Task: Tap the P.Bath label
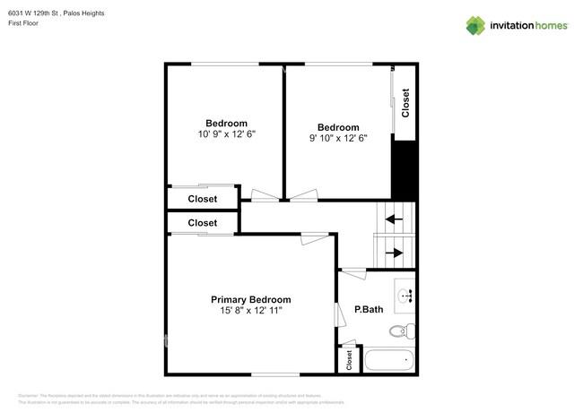coord(369,310)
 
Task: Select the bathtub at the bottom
coord(389,362)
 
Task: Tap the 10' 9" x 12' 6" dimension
coord(226,134)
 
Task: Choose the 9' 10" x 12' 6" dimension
coord(338,138)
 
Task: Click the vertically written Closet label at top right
coord(405,103)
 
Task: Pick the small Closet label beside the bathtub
coord(349,361)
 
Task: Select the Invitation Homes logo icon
coord(476,25)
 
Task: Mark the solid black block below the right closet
coord(405,170)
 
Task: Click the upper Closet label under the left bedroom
coord(202,199)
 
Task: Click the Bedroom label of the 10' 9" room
coord(226,124)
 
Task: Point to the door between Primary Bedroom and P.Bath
coord(338,314)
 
